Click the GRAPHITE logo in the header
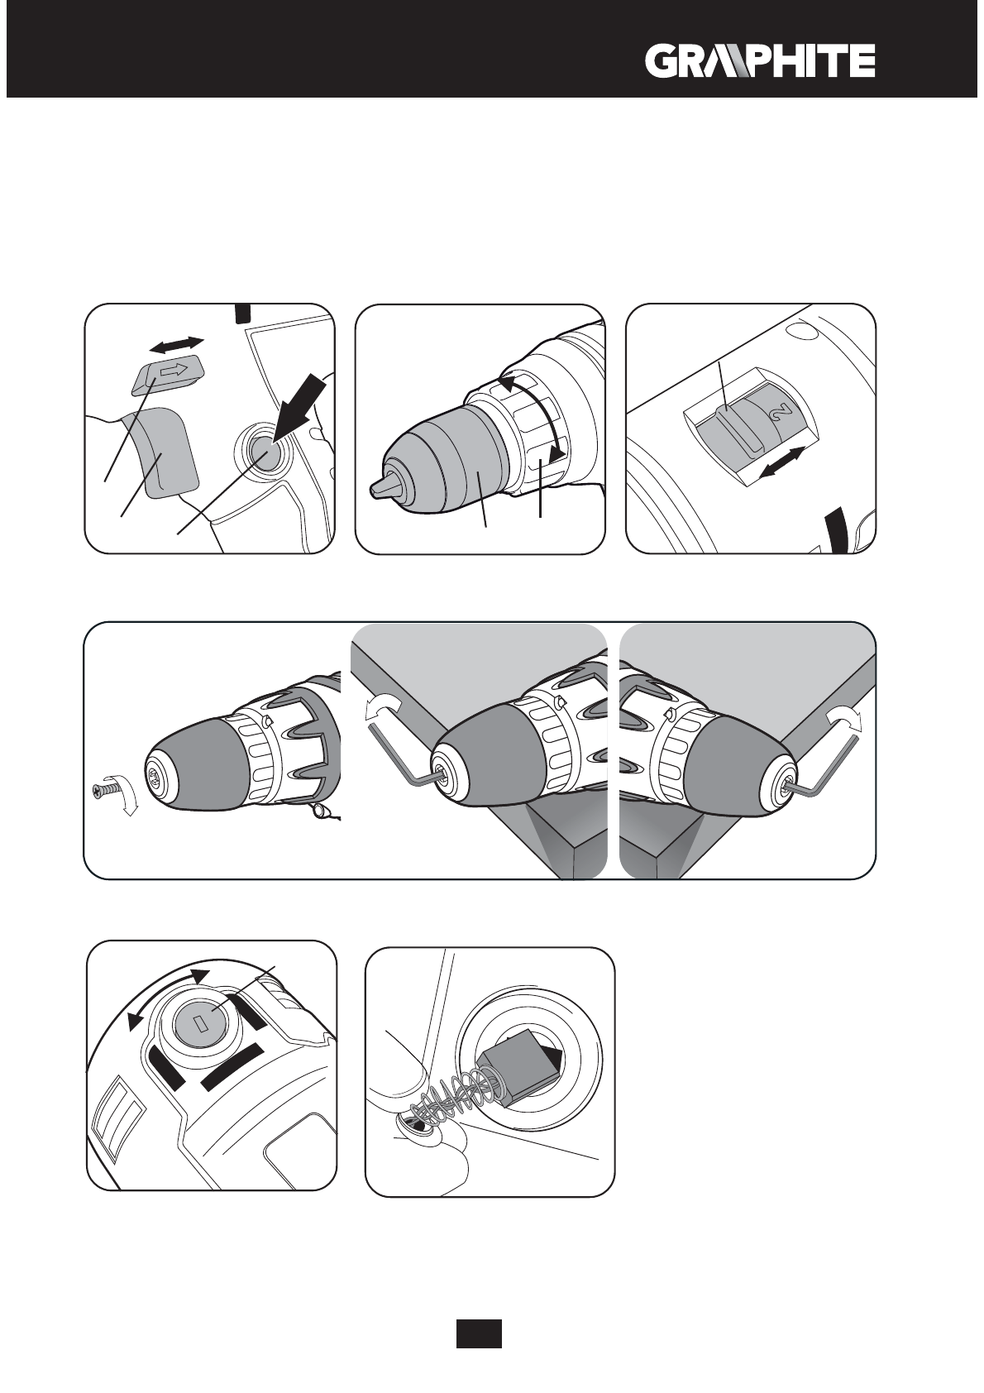click(x=760, y=61)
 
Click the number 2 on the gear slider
click(x=781, y=411)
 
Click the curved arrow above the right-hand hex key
click(x=843, y=720)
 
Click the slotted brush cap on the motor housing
click(x=200, y=1026)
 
